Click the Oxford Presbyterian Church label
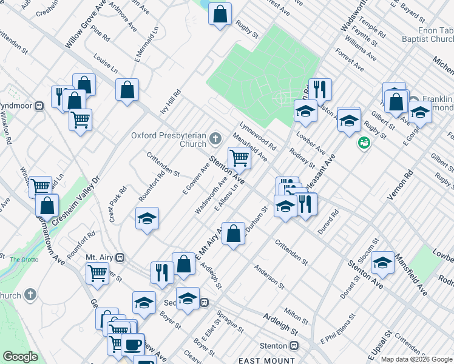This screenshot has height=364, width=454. coord(169,140)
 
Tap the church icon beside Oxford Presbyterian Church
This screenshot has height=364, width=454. coord(215,140)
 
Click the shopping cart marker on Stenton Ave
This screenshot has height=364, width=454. coord(240,158)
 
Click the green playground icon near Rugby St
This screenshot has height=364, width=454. coord(364,143)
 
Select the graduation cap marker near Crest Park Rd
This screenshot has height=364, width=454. coord(146,218)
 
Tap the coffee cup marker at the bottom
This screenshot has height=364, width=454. coord(133,345)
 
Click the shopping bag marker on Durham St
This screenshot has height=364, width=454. coord(233,233)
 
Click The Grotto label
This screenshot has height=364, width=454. coord(24,260)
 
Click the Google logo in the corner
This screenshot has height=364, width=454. coord(20,357)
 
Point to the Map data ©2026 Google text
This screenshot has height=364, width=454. coord(417,359)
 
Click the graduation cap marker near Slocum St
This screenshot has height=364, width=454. coord(382,262)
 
